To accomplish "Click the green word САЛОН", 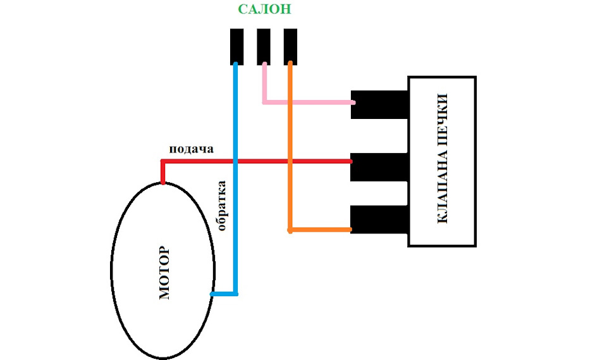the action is (x=264, y=9).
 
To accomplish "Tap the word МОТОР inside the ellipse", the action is (x=164, y=273).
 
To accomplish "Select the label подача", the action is (x=191, y=149).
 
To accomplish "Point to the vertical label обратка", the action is (x=221, y=206).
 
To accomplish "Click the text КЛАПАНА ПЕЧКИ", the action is (x=442, y=159).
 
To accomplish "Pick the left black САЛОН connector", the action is (x=236, y=46).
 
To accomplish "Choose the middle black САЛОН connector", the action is (x=264, y=46).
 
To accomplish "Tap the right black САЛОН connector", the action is (x=290, y=46).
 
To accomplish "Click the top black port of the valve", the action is (x=379, y=104).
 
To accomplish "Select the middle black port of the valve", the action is (x=379, y=168).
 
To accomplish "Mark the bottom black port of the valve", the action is (x=379, y=220).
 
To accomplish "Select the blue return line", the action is (x=235, y=178).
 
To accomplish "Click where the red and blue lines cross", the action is (x=235, y=161).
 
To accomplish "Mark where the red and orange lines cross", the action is (x=290, y=161).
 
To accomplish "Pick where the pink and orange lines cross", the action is (x=290, y=102).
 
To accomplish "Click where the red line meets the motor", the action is (x=163, y=183).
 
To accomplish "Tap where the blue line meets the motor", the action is (x=212, y=294).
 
